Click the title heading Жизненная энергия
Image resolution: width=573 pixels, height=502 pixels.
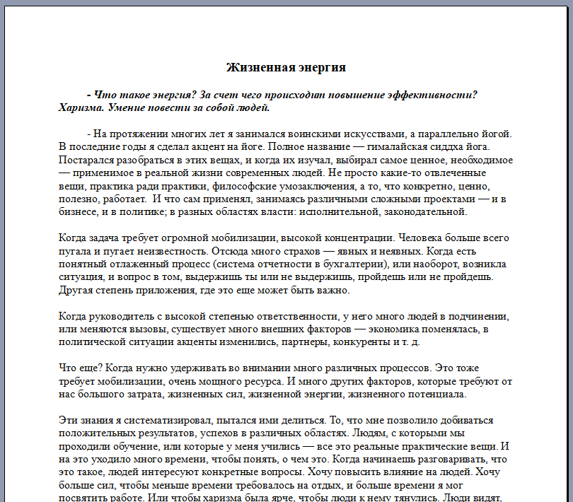tap(286, 68)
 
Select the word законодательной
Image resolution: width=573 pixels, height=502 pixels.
tap(424, 211)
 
